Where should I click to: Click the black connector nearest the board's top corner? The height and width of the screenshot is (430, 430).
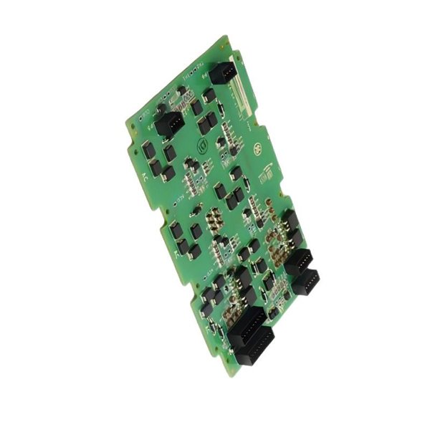(222, 72)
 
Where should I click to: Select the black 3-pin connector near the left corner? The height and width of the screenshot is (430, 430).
(169, 124)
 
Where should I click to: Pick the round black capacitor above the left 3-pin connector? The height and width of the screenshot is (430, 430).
(162, 108)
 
